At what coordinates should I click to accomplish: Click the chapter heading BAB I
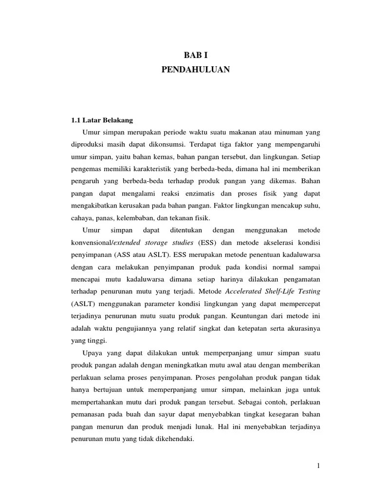[x=195, y=56]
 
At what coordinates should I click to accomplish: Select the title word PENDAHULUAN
[x=195, y=70]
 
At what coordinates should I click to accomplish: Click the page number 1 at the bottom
[x=318, y=466]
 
